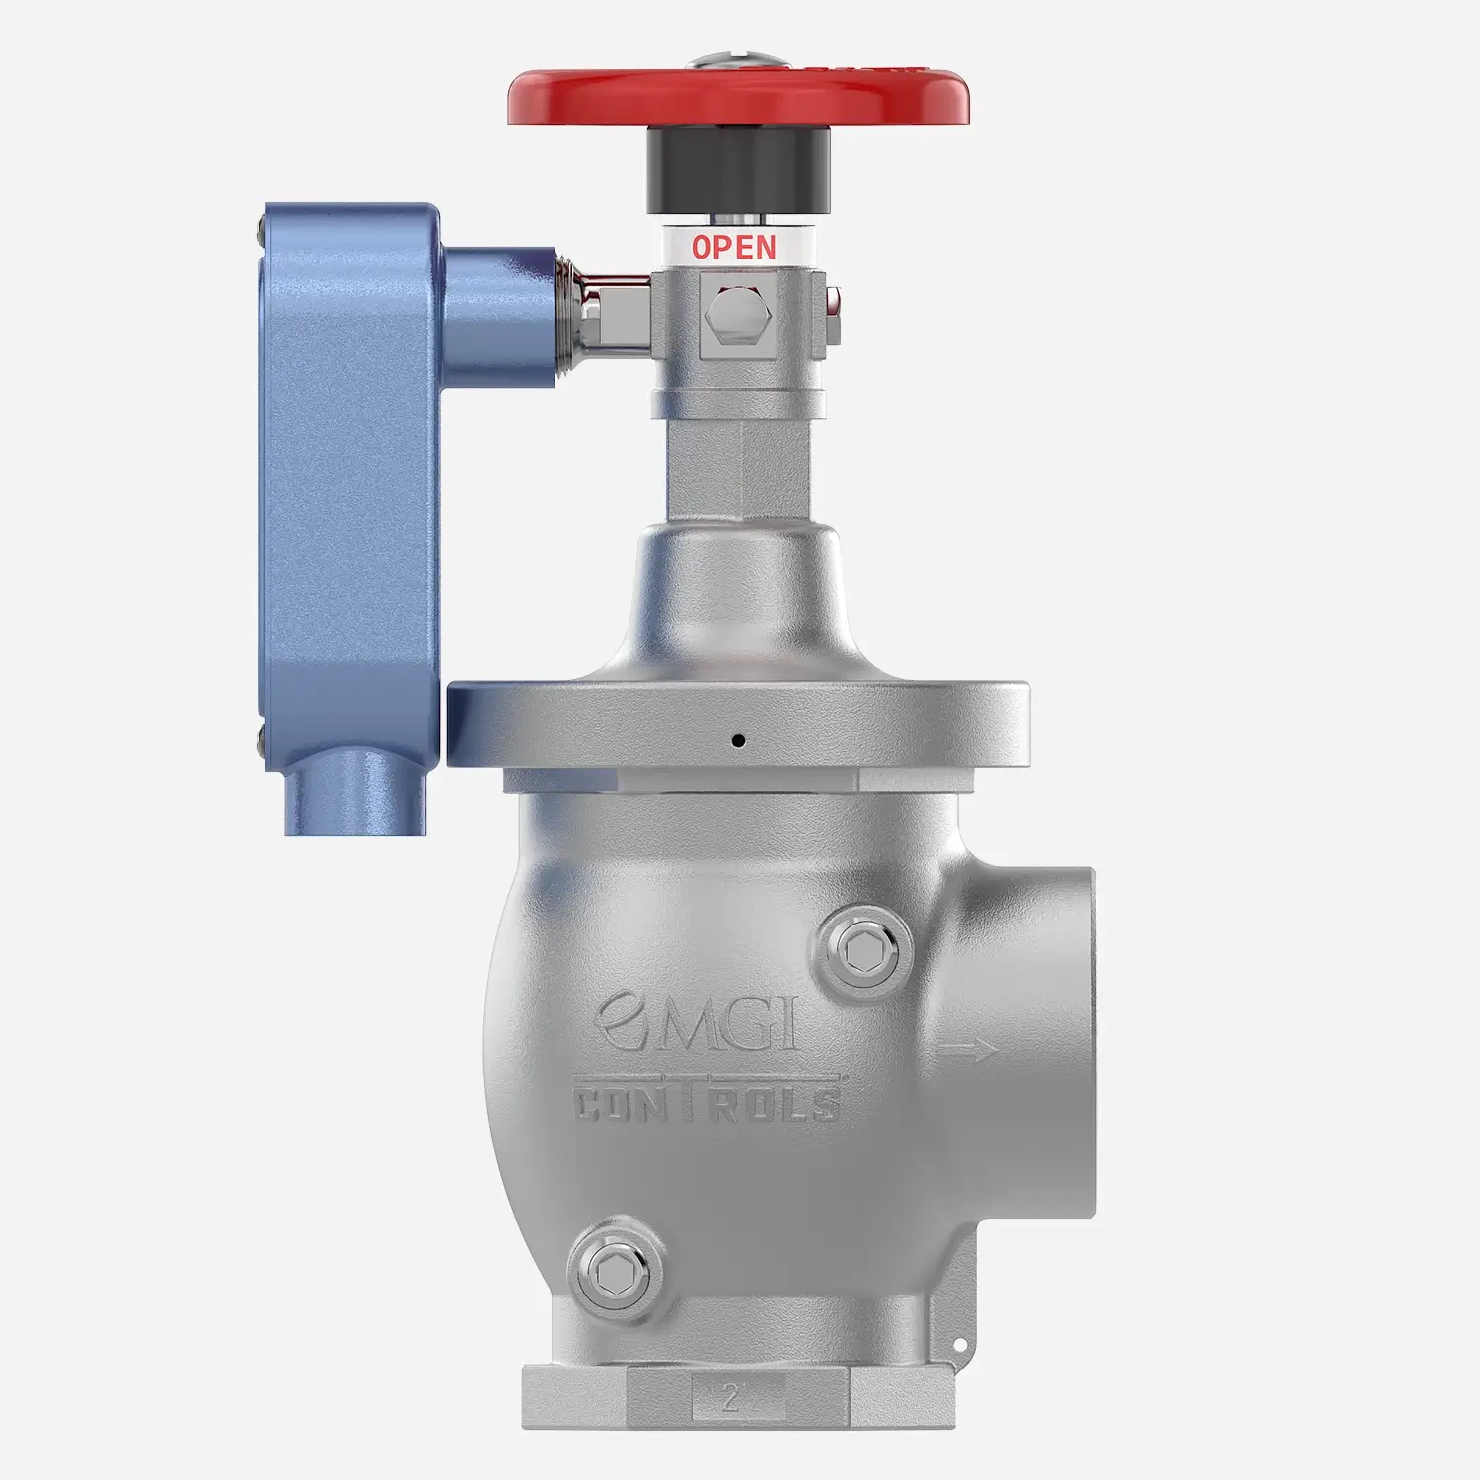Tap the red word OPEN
click(x=734, y=246)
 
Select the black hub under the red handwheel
click(x=738, y=172)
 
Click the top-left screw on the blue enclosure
click(x=259, y=237)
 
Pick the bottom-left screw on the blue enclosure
click(x=259, y=735)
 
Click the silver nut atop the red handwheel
click(x=738, y=61)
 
